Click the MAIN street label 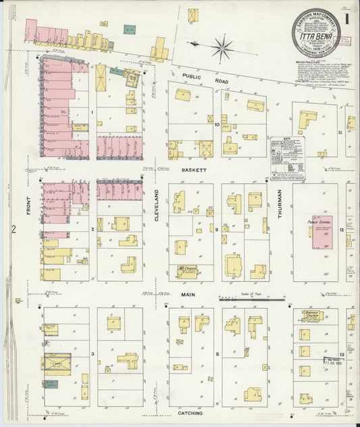pos(188,295)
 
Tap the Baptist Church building pos(311,316)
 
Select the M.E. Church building pos(187,271)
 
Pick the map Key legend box pos(287,159)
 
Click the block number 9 pos(217,230)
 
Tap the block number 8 pos(217,354)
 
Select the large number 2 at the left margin pos(14,230)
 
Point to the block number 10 pos(217,124)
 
